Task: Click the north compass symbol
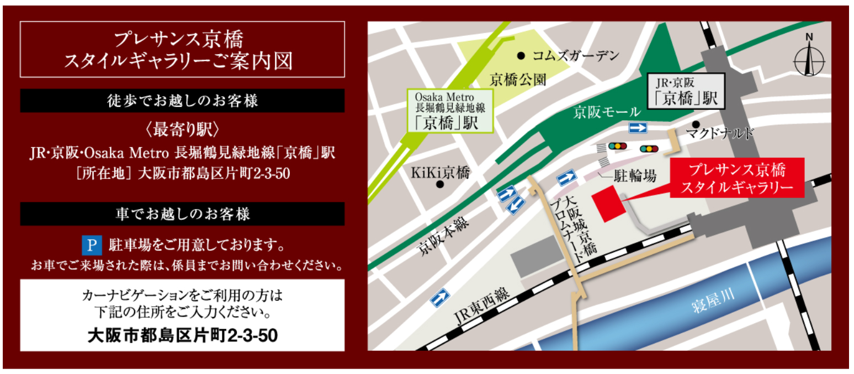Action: pos(809,57)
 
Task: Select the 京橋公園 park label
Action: pos(518,81)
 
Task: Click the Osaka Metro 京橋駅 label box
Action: pos(450,111)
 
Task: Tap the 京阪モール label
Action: pos(606,113)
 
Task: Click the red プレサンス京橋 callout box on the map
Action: pos(737,178)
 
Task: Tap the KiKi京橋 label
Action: pos(440,173)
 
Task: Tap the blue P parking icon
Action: pos(92,244)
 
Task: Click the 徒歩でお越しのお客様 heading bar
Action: pos(182,101)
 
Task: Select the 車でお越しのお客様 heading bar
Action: pos(182,214)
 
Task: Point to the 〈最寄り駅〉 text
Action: pos(182,130)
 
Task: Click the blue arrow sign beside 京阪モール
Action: pos(638,128)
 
